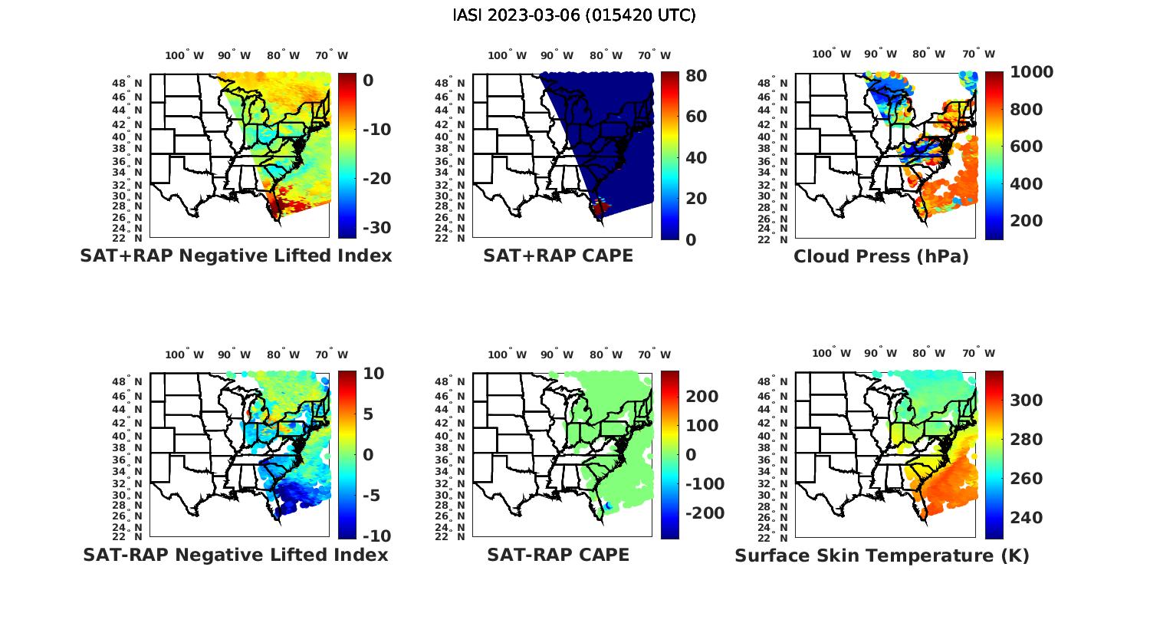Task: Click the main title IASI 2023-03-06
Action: coord(574,15)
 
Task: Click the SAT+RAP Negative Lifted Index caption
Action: coord(235,256)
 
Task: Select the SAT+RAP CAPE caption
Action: coord(558,256)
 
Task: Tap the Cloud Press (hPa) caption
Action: coord(881,256)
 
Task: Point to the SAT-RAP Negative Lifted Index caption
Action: coord(235,555)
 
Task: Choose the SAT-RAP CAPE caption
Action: coord(558,555)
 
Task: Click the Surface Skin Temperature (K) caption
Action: coord(882,556)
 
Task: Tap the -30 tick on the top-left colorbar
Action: coord(376,228)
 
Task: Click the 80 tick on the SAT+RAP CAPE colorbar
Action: coord(695,76)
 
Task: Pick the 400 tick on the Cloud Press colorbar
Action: coord(1026,184)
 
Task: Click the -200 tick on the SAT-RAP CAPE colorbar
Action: coord(704,513)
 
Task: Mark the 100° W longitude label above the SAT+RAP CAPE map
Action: coord(507,55)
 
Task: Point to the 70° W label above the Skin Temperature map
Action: coord(978,354)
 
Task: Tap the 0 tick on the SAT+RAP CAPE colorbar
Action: coord(690,239)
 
